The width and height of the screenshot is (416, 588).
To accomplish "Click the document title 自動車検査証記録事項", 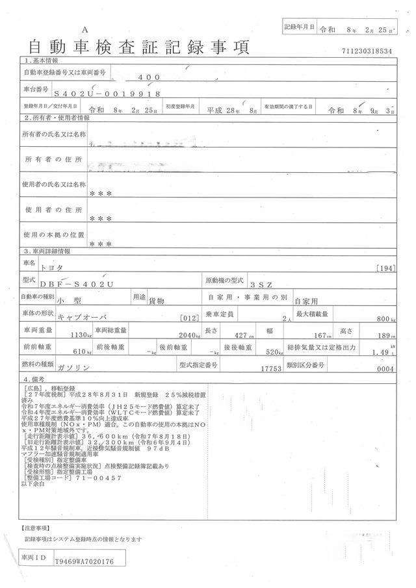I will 137,47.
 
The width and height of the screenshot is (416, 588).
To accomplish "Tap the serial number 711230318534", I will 367,51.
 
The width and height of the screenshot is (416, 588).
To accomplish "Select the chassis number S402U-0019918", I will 107,94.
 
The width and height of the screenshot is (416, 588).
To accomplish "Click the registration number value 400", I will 149,77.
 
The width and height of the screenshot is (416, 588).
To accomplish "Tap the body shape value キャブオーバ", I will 81,318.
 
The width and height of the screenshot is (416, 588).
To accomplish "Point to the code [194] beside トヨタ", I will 384,268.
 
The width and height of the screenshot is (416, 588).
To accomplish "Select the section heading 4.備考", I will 36,378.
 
